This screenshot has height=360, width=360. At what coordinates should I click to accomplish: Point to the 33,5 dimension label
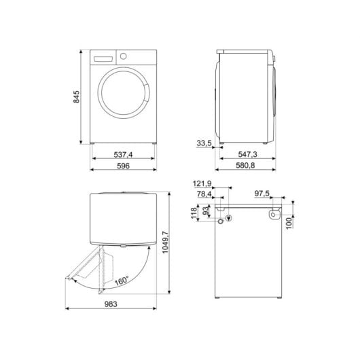pyautogui.click(x=204, y=143)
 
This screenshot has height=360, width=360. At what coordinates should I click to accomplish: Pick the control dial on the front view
pyautogui.click(x=124, y=55)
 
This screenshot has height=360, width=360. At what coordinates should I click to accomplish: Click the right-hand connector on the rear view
pyautogui.click(x=272, y=215)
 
